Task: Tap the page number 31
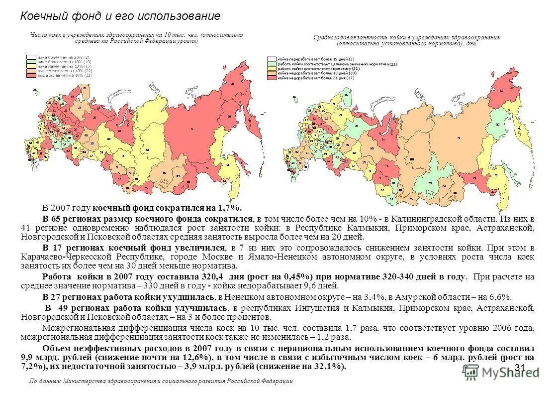(x=520, y=368)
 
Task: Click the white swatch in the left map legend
(x=31, y=57)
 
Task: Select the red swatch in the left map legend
(x=31, y=75)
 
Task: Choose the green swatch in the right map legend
(x=272, y=64)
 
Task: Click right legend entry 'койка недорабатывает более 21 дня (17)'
(x=315, y=78)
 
